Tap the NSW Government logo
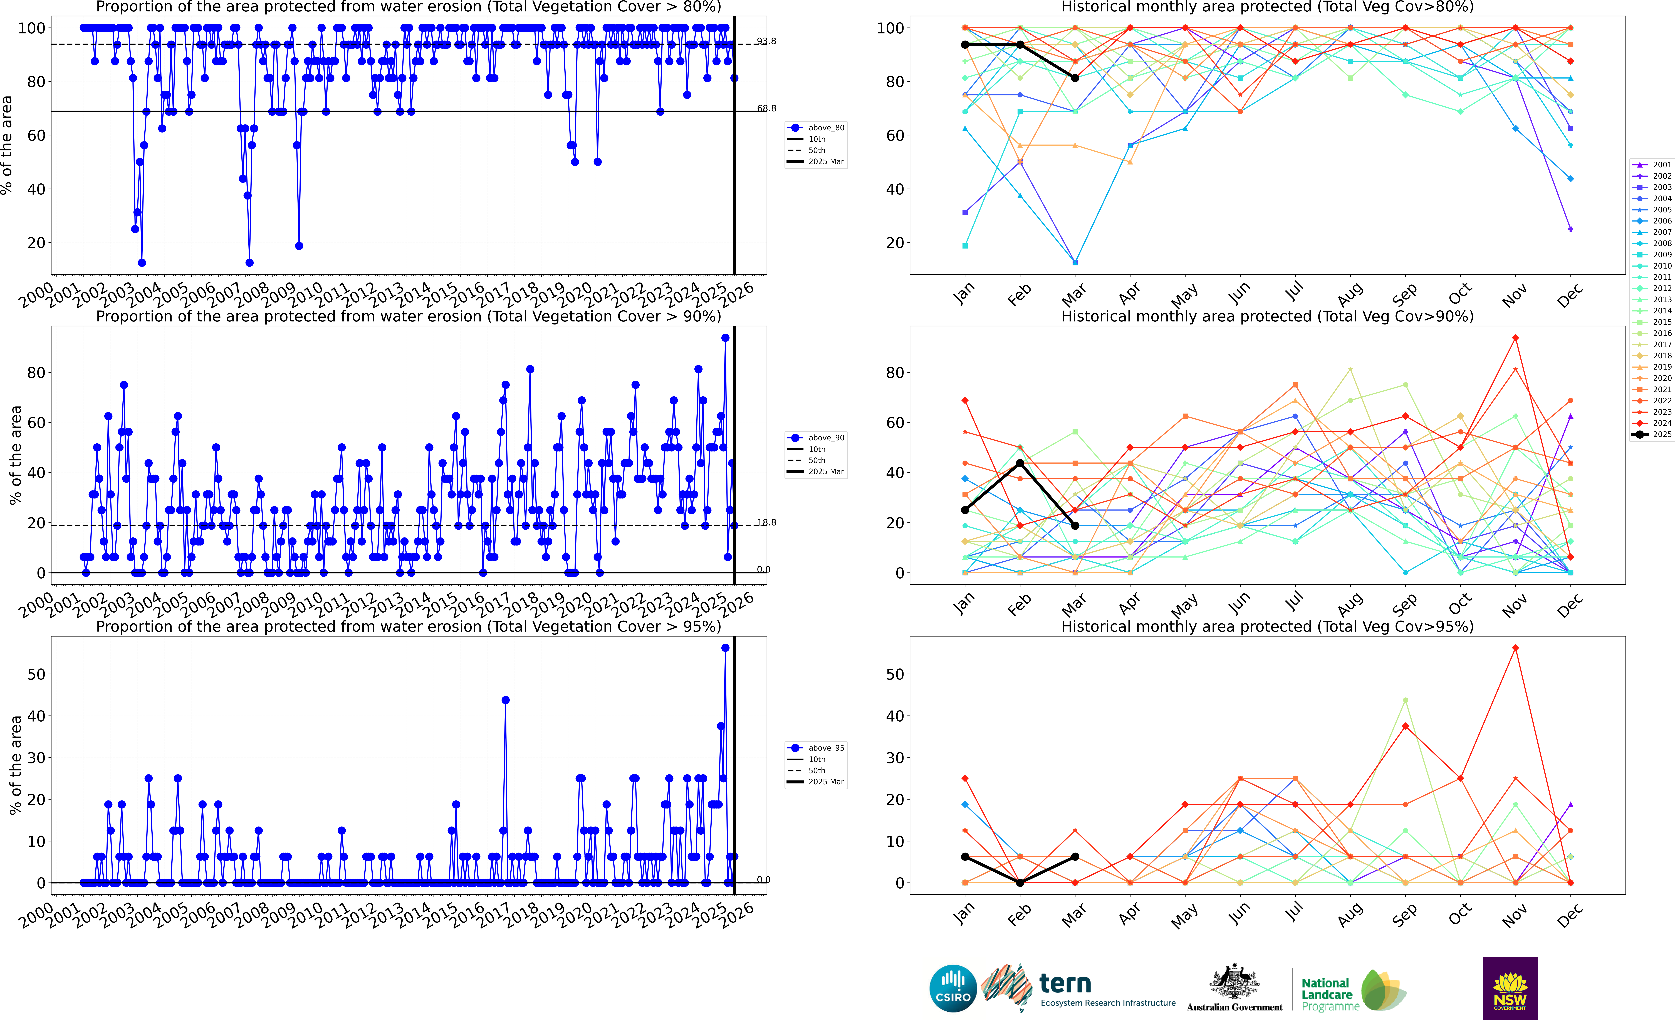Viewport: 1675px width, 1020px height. pos(1510,988)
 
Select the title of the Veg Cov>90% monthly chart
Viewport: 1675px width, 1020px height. pos(1267,316)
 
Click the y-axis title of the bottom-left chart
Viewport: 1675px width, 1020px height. pos(15,765)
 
